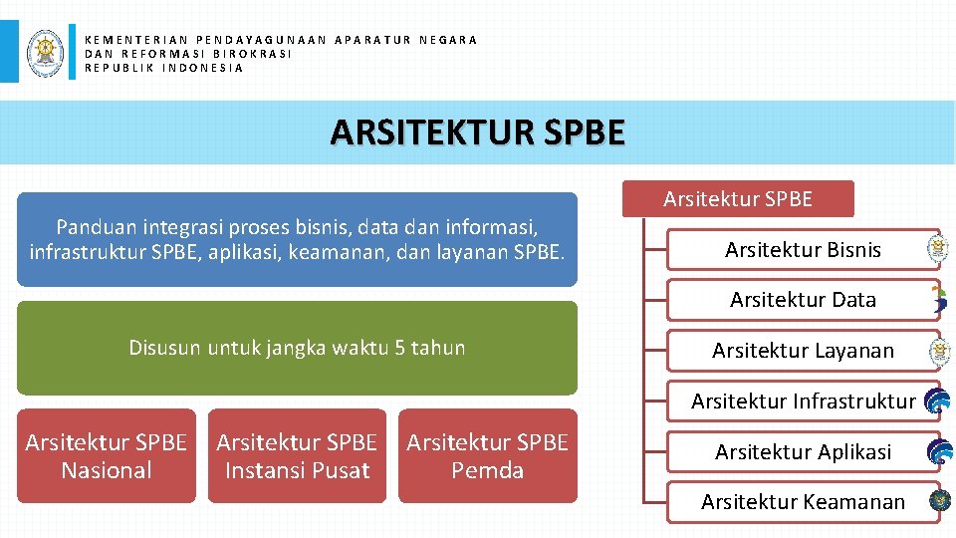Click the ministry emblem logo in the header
point(45,51)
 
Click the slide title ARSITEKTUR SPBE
point(478,132)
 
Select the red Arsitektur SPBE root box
point(738,199)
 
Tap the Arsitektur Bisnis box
point(803,250)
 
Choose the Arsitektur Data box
point(803,300)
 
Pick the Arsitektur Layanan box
point(803,351)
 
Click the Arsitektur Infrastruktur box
point(803,402)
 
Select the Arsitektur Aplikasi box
point(803,452)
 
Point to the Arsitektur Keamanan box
point(803,502)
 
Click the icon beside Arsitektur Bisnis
point(937,249)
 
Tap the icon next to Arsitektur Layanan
point(937,351)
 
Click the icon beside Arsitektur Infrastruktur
point(937,402)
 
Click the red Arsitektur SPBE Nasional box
point(106,456)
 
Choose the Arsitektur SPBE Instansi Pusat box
point(297,456)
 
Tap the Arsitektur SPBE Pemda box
point(488,456)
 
